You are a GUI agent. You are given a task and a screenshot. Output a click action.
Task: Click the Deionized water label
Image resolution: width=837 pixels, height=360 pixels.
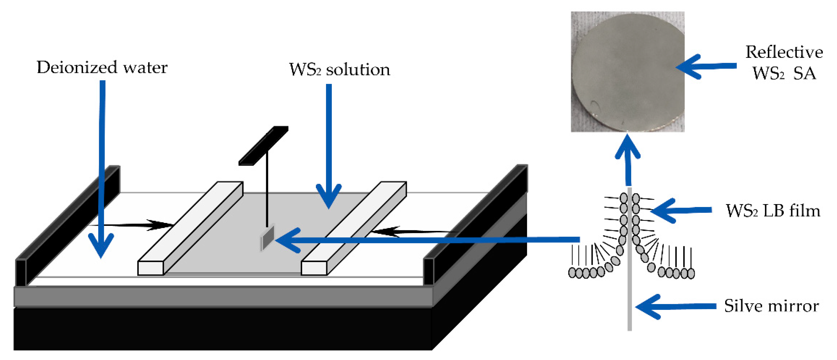[102, 68]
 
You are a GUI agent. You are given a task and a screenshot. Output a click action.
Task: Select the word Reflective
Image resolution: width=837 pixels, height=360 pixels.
[784, 52]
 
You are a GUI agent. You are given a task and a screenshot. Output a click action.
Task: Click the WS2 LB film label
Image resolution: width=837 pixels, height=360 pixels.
[773, 211]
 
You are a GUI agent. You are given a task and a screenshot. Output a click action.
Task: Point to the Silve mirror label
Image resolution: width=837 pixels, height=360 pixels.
[771, 306]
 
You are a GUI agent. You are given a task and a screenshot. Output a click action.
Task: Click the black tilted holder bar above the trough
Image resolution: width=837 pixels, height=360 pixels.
[263, 146]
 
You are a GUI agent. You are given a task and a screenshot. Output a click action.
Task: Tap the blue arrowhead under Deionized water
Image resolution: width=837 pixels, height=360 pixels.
[101, 245]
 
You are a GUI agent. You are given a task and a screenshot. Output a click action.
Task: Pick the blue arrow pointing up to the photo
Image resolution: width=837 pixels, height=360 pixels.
[628, 159]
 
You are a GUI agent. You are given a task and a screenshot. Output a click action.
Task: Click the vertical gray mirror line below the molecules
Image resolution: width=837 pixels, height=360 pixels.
[629, 302]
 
